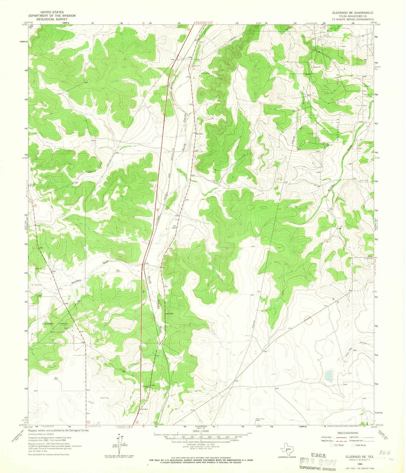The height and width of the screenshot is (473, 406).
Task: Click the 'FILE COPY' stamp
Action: pyautogui.click(x=318, y=454)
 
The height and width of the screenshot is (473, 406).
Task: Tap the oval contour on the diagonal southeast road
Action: pyautogui.click(x=308, y=319)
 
